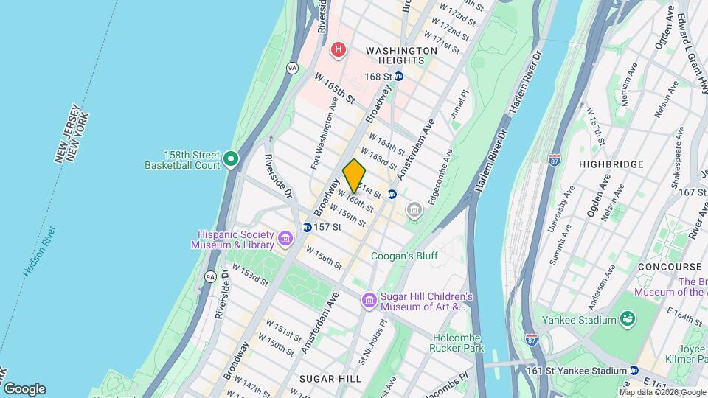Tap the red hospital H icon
coord(339,50)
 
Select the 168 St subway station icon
coord(399,76)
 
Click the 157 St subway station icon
coord(307,227)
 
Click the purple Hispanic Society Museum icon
coord(285,239)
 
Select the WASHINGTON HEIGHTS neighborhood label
coord(402,51)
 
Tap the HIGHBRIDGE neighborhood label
coord(611,164)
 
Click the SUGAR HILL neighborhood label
coord(330,378)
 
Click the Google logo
coord(24,389)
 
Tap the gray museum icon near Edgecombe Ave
coord(414,212)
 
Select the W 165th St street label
coord(336,88)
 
